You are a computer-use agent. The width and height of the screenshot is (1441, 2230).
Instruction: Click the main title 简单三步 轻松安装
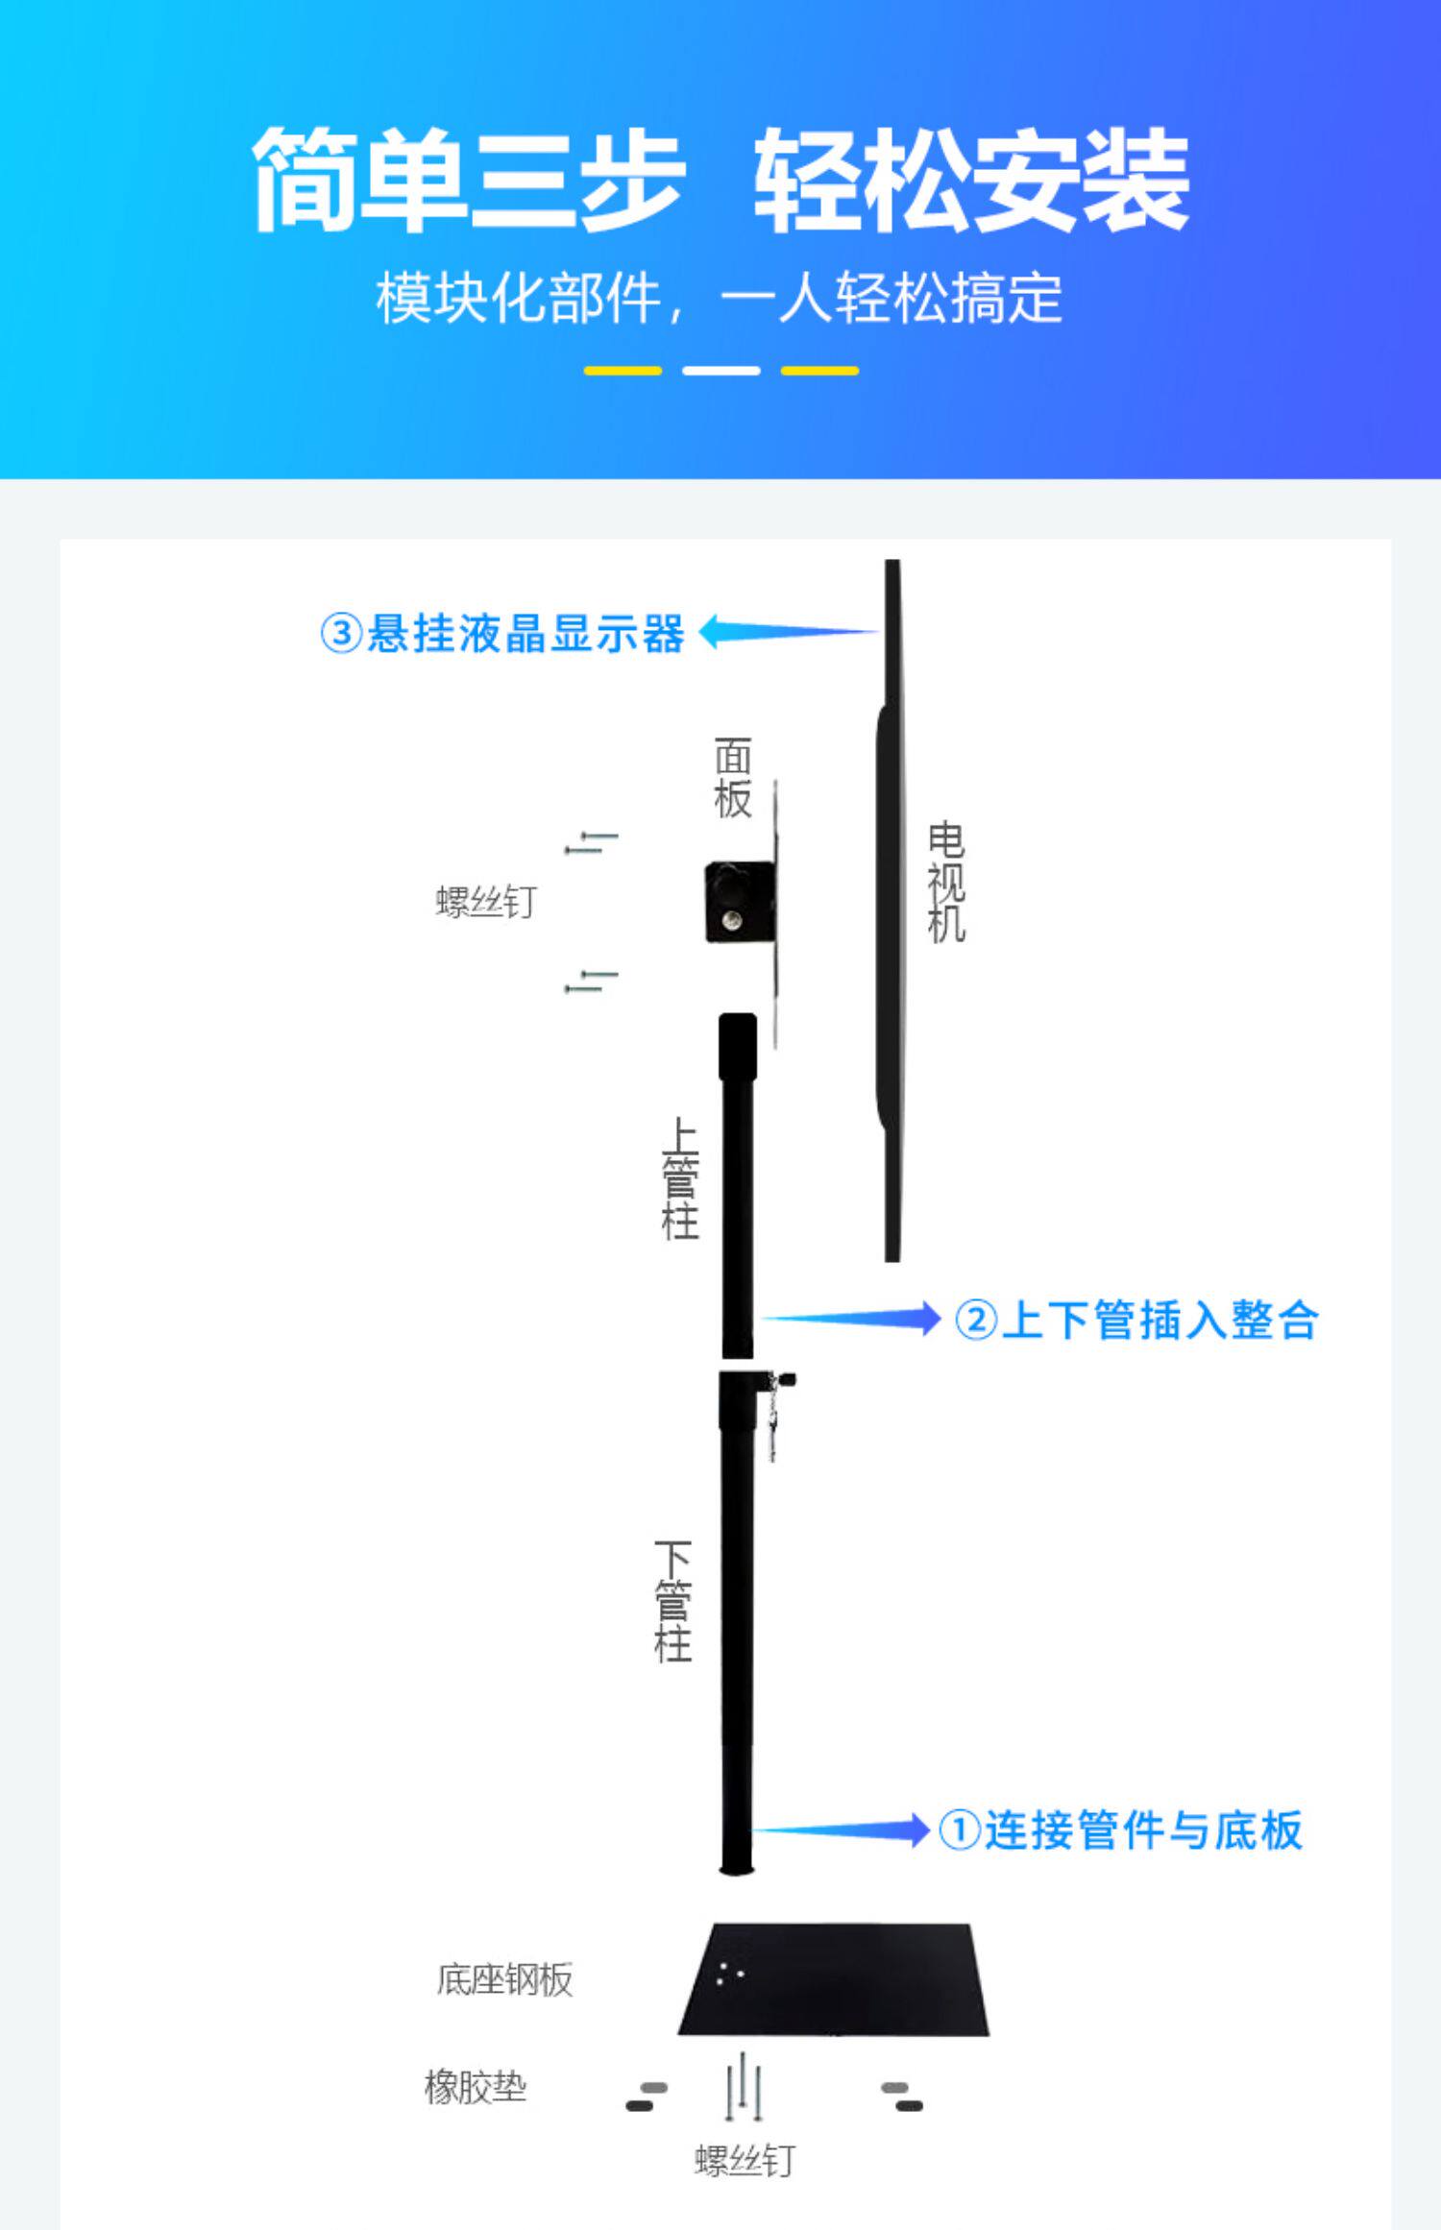pos(720,180)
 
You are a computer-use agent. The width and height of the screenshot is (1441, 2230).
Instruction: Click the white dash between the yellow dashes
pos(720,371)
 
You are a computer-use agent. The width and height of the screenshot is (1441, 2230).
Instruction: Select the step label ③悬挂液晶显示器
pos(501,634)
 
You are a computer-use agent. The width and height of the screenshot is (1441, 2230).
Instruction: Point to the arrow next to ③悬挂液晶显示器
pos(788,632)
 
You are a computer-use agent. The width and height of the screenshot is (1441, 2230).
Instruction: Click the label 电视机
pos(946,882)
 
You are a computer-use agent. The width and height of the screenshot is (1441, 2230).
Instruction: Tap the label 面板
pos(732,778)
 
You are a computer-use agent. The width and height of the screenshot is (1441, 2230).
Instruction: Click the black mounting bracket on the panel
pos(740,901)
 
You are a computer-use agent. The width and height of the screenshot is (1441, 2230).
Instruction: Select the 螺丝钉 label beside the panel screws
pos(486,902)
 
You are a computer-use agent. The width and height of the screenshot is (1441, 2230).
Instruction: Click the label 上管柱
pos(680,1177)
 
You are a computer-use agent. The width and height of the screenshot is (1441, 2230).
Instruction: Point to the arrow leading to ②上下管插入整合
pos(850,1319)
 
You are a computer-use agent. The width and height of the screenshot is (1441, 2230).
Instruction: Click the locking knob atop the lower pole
pos(785,1380)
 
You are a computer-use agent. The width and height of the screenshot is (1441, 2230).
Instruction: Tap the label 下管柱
pos(672,1601)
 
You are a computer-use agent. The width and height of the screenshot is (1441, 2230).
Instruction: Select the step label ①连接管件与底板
pos(1120,1830)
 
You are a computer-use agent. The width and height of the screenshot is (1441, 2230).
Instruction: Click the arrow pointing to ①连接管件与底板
pos(841,1830)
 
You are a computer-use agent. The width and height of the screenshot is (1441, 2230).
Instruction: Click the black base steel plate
pos(834,1980)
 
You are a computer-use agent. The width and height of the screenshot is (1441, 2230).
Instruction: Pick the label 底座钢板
pos(504,1980)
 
